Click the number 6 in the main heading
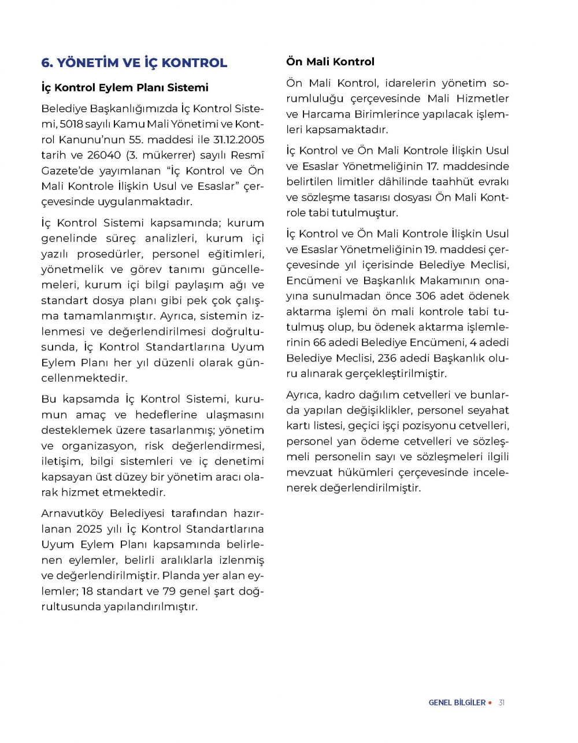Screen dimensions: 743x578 46,63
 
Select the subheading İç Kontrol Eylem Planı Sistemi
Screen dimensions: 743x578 125,88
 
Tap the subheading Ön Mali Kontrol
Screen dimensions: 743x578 330,62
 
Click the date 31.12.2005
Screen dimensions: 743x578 238,140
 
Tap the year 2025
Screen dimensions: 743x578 88,529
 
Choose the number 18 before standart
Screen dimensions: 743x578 87,592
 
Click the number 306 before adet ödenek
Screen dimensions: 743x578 425,296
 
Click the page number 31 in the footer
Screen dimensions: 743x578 502,703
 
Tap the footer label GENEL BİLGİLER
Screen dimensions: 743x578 457,703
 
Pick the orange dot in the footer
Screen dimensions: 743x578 490,703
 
